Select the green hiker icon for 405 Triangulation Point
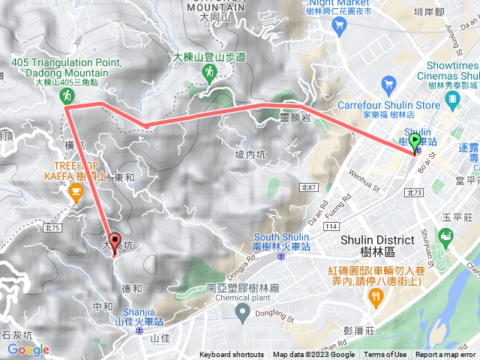(67, 95)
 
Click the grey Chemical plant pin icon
(241, 311)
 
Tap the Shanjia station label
(139, 319)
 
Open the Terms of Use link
(385, 355)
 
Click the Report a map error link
(445, 355)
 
